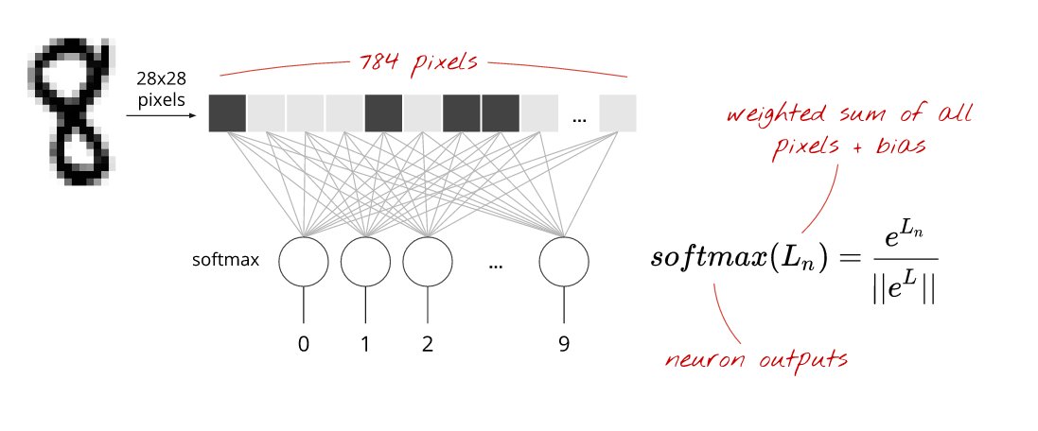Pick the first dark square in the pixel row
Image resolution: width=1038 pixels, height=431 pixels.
coord(227,113)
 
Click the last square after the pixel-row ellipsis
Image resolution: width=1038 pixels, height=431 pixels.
coord(618,113)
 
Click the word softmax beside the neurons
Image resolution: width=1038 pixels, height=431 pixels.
coord(224,259)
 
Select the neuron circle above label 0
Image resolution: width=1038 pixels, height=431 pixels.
coord(304,261)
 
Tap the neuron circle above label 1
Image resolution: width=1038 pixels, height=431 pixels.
coord(365,261)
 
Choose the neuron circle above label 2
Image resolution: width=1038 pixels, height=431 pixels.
coord(428,261)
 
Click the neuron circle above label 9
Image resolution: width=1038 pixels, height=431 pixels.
coord(564,261)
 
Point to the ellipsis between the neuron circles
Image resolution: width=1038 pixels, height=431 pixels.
coord(495,267)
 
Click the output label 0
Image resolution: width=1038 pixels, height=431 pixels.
coord(304,344)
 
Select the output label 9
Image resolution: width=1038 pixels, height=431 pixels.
coord(564,344)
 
